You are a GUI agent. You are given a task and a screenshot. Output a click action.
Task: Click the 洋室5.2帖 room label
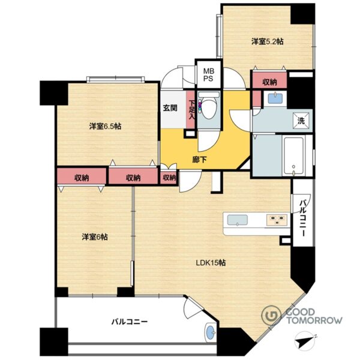click(x=267, y=41)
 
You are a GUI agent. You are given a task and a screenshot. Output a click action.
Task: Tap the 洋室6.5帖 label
click(x=105, y=126)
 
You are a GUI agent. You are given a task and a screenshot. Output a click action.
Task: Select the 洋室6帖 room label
click(x=95, y=237)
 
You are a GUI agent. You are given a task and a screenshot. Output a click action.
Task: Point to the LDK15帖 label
click(x=211, y=262)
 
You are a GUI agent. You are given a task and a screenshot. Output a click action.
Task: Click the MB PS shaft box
click(x=208, y=74)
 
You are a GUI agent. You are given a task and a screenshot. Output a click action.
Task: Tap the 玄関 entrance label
click(x=170, y=108)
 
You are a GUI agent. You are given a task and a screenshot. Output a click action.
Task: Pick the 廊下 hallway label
click(x=199, y=160)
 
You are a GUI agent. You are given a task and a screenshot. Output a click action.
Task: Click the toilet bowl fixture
click(x=209, y=106)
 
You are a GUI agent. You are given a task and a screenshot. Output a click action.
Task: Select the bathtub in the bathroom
click(x=293, y=155)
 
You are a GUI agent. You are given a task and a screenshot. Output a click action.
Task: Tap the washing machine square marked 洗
click(x=301, y=121)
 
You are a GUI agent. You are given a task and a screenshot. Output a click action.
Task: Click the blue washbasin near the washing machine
click(x=275, y=98)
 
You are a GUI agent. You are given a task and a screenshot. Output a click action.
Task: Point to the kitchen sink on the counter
click(x=238, y=220)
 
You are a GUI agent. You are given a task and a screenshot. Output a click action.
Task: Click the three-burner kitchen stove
click(x=277, y=220)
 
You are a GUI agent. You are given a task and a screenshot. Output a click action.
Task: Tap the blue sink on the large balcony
click(x=211, y=333)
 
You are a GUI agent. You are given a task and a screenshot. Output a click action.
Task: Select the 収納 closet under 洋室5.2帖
click(x=269, y=81)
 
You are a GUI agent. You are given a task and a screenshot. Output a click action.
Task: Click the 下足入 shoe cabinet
click(x=191, y=110)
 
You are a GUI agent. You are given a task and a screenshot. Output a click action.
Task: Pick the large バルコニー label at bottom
click(x=129, y=322)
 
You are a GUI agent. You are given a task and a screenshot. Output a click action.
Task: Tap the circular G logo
click(x=272, y=315)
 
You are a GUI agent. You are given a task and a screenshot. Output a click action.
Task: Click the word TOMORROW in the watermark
click(x=314, y=320)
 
